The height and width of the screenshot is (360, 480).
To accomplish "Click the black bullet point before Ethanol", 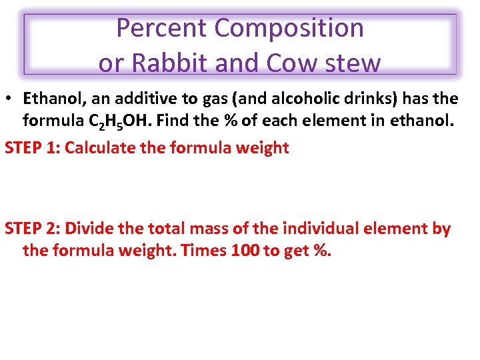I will (11, 99).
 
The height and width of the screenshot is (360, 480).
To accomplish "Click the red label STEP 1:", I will (32, 147).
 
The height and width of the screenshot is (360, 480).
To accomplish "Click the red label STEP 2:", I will (32, 229).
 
